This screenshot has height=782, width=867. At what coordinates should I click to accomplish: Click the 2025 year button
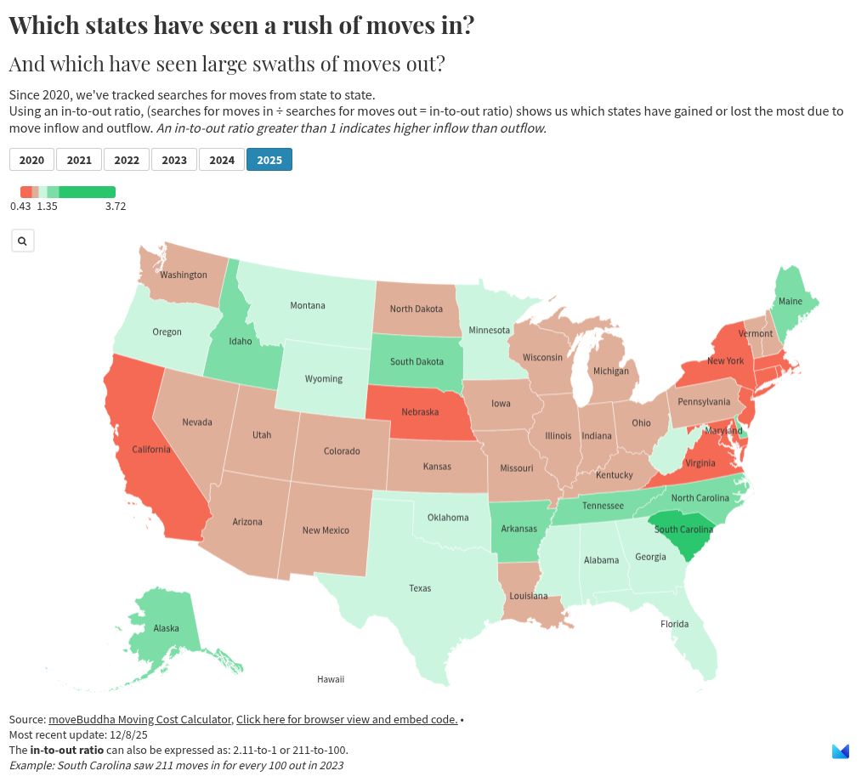point(269,160)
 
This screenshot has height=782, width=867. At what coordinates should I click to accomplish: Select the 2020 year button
point(31,160)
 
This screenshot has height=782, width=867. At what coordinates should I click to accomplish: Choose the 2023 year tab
point(174,160)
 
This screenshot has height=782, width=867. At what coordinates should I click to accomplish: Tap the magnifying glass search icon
point(22,241)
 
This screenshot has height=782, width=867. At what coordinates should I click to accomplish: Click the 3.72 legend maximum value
point(116,207)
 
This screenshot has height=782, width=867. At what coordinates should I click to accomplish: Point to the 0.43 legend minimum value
point(20,207)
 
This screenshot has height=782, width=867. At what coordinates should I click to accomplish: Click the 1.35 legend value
point(47,207)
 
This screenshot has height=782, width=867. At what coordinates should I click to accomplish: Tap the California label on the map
point(151,450)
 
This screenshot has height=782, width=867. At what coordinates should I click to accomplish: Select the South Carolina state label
point(683,530)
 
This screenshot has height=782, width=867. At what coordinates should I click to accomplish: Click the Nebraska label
point(420,412)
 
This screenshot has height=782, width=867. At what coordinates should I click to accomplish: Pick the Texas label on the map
point(420,588)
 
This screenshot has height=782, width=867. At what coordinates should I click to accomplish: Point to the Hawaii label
point(331,680)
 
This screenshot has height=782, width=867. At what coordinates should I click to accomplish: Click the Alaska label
point(166,629)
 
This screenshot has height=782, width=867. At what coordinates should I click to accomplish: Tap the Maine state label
point(790,302)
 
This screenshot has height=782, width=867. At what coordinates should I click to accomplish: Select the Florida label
point(675,625)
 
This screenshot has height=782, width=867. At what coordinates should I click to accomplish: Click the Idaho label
point(241,342)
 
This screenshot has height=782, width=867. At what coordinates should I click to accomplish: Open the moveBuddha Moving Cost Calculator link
point(139,720)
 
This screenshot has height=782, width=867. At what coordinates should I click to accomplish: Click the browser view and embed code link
point(346,720)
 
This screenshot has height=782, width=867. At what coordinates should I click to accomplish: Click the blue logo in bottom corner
point(840,751)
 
